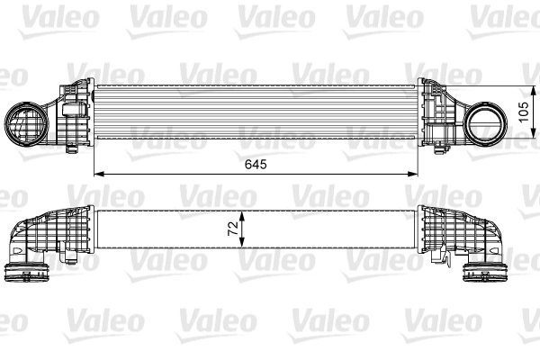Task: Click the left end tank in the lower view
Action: pyautogui.click(x=63, y=232)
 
